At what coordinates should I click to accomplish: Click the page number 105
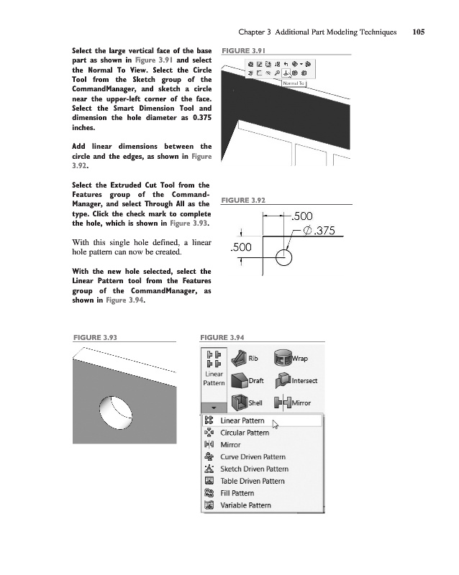point(420,32)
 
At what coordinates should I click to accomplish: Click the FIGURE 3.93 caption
point(94,337)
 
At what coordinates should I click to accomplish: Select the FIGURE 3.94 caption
point(224,337)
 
